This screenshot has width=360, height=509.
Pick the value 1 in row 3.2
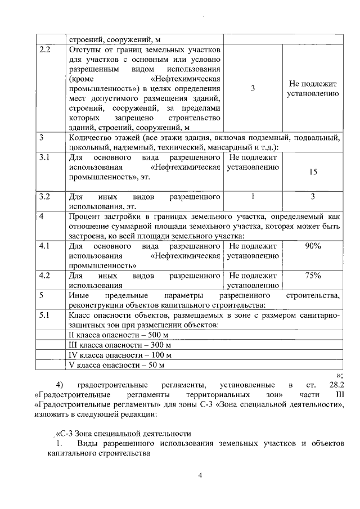pos(253,197)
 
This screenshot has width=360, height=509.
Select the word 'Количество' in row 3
pos(90,138)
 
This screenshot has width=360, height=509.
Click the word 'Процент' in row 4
pos(84,217)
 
